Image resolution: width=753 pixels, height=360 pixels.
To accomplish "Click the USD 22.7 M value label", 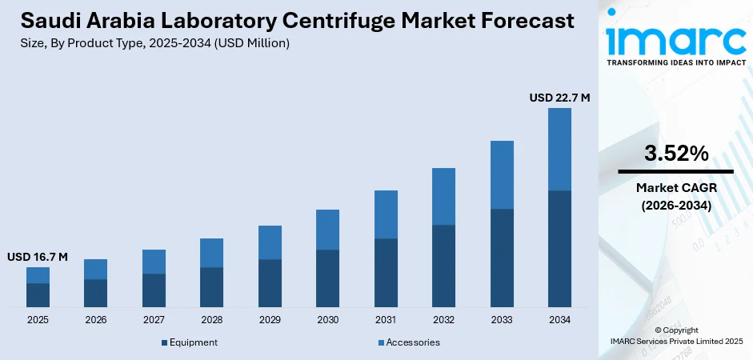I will (559, 98).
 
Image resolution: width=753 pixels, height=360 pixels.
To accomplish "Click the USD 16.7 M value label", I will (38, 257).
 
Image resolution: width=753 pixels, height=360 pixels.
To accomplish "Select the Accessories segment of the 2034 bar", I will (559, 149).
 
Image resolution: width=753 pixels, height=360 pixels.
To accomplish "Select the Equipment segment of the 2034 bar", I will (559, 249).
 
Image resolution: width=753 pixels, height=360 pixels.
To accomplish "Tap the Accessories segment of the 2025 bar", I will (38, 275).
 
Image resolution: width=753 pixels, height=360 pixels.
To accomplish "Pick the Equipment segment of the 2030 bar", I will (327, 278).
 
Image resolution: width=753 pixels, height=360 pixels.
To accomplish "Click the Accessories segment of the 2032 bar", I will (443, 196).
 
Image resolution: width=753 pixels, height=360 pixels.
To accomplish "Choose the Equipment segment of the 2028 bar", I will (211, 287).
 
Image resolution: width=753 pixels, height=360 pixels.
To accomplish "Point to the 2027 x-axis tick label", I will (154, 320).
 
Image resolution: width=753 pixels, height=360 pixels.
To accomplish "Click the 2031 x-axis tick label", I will (386, 320).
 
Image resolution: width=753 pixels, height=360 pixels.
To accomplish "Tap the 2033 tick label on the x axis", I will (502, 320).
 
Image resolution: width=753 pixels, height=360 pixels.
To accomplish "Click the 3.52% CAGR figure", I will (675, 154).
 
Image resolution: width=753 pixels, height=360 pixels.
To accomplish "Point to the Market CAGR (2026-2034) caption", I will (675, 196).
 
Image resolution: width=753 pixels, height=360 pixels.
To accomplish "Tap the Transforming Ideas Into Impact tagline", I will (675, 62).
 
